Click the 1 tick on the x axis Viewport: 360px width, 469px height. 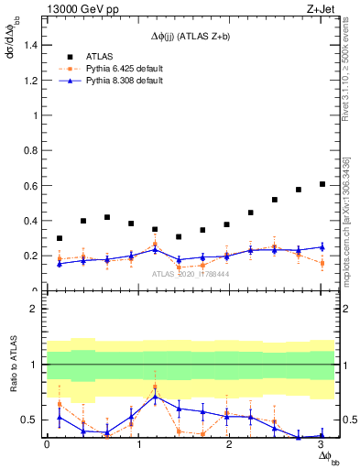click(x=138, y=446)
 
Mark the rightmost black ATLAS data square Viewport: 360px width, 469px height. click(x=322, y=184)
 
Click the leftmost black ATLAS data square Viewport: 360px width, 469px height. click(x=60, y=238)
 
